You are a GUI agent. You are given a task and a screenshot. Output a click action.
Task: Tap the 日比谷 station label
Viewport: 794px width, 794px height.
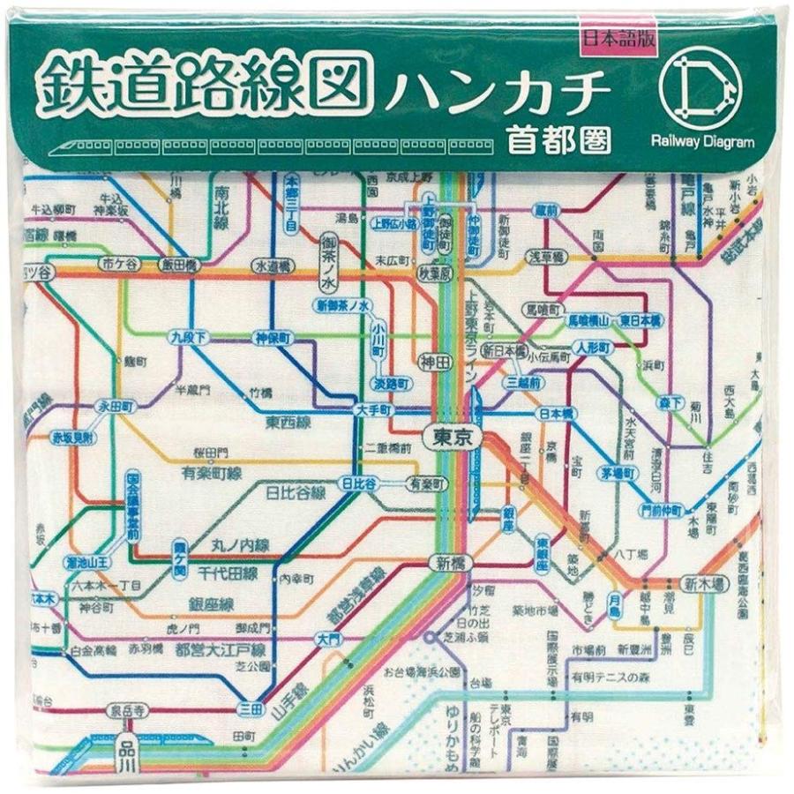pyautogui.click(x=358, y=483)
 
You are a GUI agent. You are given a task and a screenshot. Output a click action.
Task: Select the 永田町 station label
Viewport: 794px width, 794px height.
pyautogui.click(x=115, y=407)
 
